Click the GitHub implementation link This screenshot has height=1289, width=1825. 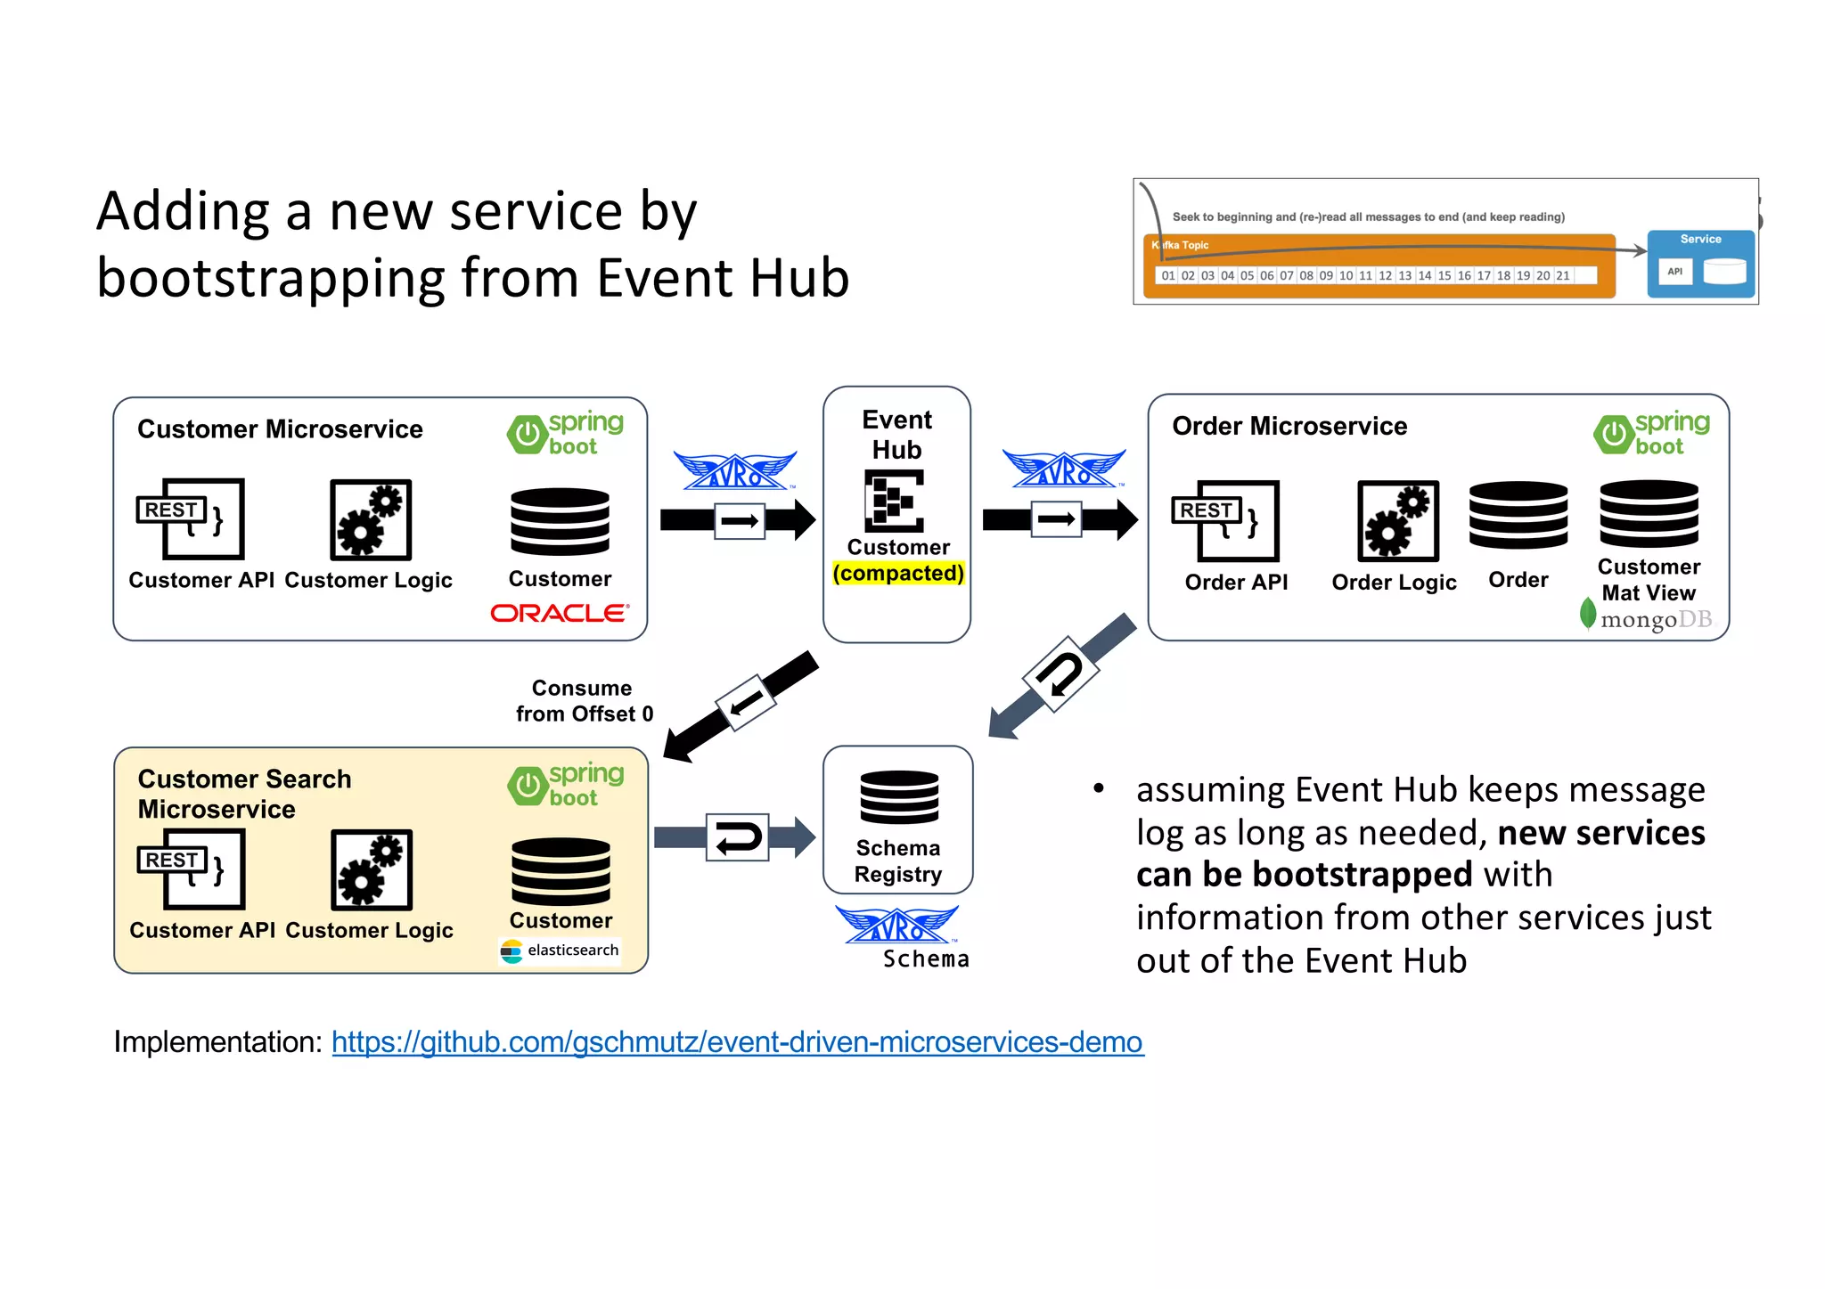tap(737, 1041)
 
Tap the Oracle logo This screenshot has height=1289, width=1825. tap(560, 614)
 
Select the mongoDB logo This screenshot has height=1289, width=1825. tap(1647, 617)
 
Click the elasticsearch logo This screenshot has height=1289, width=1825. tap(561, 950)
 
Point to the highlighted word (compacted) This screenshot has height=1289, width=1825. tap(898, 573)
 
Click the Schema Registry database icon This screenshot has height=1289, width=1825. tap(898, 797)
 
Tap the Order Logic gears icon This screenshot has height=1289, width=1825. tap(1397, 521)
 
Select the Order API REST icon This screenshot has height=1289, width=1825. tap(1225, 521)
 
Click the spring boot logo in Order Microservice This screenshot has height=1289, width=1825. tap(1651, 434)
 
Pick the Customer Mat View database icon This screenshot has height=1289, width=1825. tap(1649, 514)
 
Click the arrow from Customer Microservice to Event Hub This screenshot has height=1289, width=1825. tap(738, 520)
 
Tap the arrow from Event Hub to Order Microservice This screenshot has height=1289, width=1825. tap(1059, 519)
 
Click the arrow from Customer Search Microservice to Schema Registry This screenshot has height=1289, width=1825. tap(735, 836)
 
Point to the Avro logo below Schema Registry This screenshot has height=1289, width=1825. tap(896, 926)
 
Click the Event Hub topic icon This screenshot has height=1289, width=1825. tap(894, 501)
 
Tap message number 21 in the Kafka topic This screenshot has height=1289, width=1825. tap(1562, 276)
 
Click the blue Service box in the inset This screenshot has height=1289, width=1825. tap(1700, 264)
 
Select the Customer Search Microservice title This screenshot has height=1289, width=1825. tap(244, 794)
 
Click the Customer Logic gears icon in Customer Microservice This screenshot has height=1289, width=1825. tap(370, 520)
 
